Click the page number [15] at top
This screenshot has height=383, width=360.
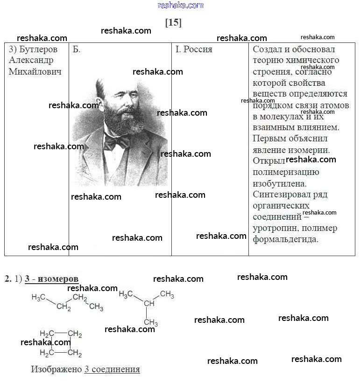click(x=173, y=22)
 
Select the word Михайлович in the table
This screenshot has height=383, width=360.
click(x=35, y=72)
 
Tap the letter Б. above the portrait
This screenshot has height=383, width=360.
click(x=77, y=49)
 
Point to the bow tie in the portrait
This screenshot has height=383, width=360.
click(x=116, y=141)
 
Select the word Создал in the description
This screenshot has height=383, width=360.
click(x=268, y=49)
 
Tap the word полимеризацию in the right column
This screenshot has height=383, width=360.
click(x=286, y=172)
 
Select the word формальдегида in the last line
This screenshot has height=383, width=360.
click(x=286, y=239)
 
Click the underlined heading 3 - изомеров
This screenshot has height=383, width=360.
click(x=51, y=279)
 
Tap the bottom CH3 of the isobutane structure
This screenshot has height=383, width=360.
click(x=151, y=322)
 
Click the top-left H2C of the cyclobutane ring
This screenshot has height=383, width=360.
click(x=47, y=334)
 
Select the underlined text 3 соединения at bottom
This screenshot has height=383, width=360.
click(x=112, y=369)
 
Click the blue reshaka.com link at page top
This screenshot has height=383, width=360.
click(x=181, y=5)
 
